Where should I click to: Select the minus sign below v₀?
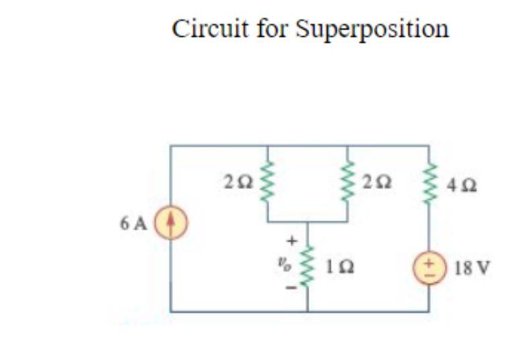pos(291,290)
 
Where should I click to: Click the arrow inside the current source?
pos(171,221)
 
